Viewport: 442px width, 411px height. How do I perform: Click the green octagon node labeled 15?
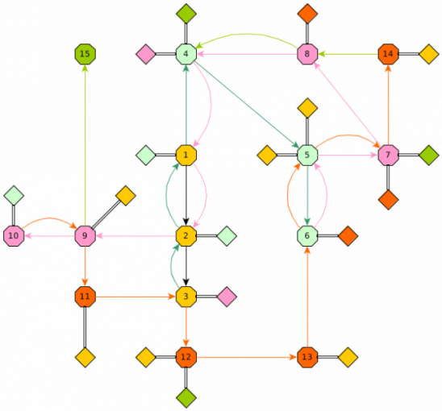pos(85,54)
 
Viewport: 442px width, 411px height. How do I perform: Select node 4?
pos(186,54)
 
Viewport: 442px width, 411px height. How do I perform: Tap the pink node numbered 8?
pos(307,54)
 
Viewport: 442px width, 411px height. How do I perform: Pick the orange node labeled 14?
pos(388,54)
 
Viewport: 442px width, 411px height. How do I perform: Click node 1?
pos(186,155)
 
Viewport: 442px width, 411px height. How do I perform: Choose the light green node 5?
pos(307,155)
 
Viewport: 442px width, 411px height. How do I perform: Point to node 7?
pos(388,155)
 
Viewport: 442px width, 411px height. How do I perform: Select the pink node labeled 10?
pos(14,236)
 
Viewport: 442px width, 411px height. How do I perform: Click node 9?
pos(85,236)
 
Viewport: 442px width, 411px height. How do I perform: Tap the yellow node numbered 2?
pos(186,236)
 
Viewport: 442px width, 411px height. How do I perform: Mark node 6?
pos(307,236)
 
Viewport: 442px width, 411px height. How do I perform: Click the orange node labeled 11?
pos(85,297)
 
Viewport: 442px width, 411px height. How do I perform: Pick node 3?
pos(186,297)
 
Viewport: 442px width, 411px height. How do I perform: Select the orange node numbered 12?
pos(186,357)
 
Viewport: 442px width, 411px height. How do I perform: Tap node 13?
pos(307,357)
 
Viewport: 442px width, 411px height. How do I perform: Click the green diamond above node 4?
pos(186,14)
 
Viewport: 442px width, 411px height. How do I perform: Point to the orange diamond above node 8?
pos(307,14)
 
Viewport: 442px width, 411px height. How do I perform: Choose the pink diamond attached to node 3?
pos(227,297)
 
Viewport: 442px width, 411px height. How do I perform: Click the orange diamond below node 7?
pos(388,200)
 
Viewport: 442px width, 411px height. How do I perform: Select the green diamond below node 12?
pos(186,398)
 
